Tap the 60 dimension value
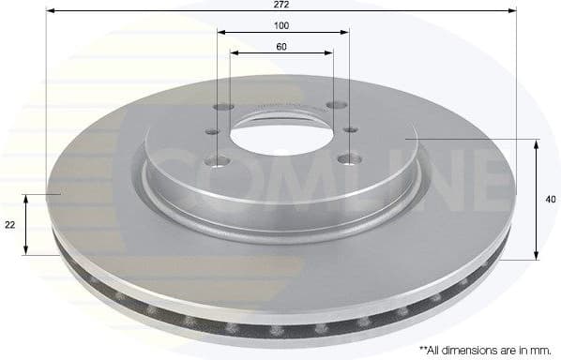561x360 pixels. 281,46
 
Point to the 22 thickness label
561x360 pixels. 9,224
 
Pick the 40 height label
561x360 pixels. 552,198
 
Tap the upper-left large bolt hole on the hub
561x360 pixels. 222,107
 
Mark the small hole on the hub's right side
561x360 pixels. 350,128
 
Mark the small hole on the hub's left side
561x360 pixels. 214,133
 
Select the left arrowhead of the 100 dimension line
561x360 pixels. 222,32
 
